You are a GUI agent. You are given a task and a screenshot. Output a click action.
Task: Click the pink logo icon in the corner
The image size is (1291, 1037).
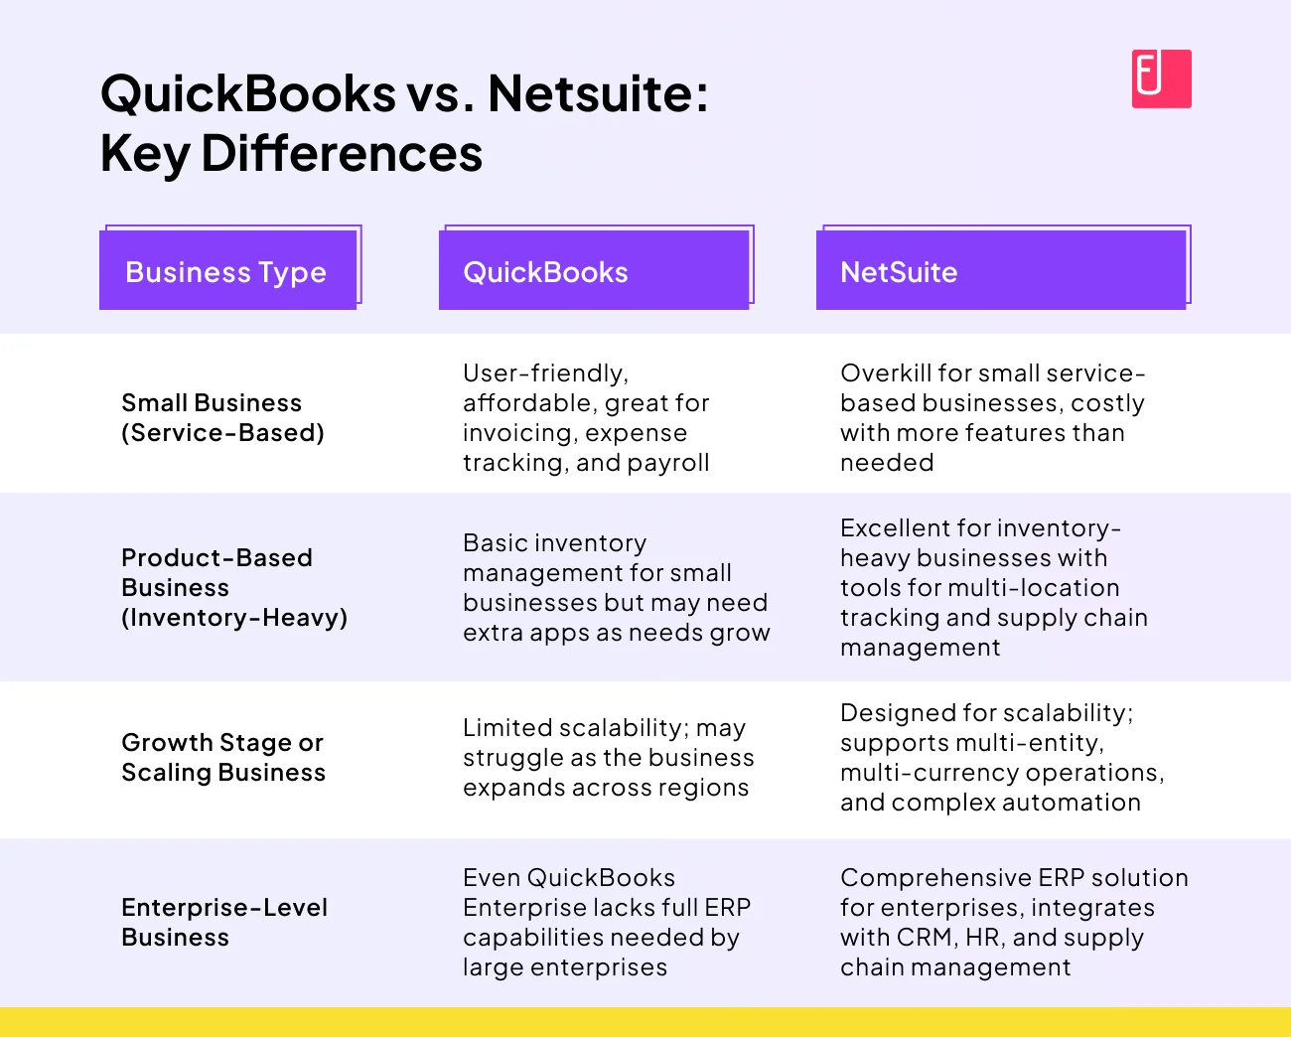pyautogui.click(x=1161, y=78)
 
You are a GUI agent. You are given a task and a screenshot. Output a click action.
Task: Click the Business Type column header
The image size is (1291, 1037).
pyautogui.click(x=227, y=271)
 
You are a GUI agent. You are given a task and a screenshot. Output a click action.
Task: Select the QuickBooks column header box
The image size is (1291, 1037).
pyautogui.click(x=594, y=271)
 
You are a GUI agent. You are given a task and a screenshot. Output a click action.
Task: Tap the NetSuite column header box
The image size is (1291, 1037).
pyautogui.click(x=1001, y=271)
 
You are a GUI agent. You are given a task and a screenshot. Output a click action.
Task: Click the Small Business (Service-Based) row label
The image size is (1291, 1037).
pyautogui.click(x=222, y=417)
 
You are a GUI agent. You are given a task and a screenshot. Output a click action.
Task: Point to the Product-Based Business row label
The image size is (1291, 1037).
pyautogui.click(x=234, y=587)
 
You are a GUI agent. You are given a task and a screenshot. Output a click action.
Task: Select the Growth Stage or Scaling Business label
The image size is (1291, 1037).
pyautogui.click(x=223, y=757)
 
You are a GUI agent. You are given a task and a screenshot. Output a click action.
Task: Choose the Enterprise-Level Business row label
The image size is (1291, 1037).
pyautogui.click(x=224, y=922)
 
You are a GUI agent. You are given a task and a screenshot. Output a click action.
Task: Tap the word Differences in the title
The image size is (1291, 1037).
pyautogui.click(x=342, y=154)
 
